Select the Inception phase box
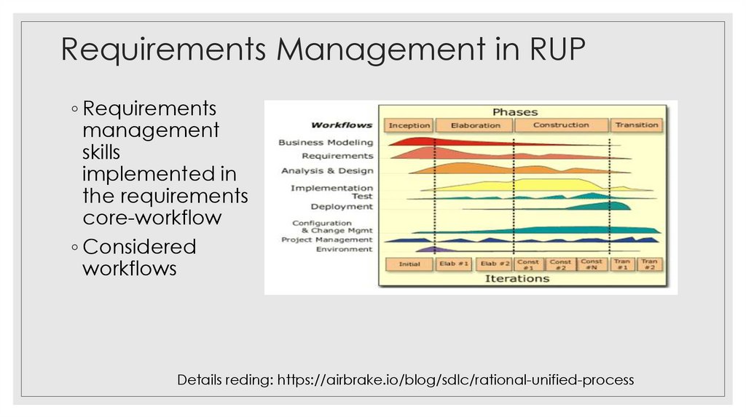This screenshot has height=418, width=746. (x=409, y=125)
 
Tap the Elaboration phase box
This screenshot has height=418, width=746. (x=475, y=125)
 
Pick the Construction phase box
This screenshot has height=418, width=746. (x=561, y=125)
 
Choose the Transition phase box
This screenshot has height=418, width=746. (x=637, y=125)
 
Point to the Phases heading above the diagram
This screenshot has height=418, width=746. (x=515, y=111)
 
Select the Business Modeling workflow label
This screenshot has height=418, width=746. (x=326, y=143)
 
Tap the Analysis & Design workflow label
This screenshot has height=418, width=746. (x=327, y=171)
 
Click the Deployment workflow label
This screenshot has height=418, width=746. (x=342, y=207)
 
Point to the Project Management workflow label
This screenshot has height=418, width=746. (x=327, y=240)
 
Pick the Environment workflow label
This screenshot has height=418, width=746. (x=344, y=249)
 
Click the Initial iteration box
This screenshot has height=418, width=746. (x=409, y=264)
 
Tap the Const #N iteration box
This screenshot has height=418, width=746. (x=592, y=264)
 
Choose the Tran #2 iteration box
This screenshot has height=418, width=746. (x=649, y=264)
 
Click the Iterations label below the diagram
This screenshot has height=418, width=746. (x=517, y=279)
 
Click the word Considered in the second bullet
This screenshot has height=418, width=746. (x=139, y=246)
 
